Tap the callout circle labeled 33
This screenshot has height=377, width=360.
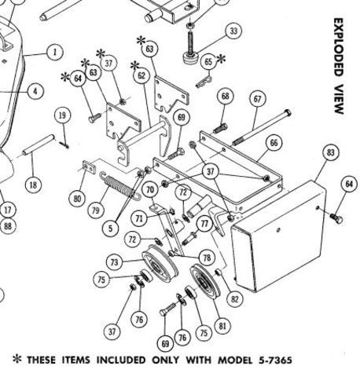pos(233,31)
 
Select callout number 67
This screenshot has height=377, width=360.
pos(257,98)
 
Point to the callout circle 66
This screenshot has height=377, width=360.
pos(273,143)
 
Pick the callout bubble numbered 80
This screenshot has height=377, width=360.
pos(77,199)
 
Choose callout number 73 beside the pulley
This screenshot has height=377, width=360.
pos(115,262)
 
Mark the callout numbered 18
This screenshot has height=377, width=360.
pos(32,185)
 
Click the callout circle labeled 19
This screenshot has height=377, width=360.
pos(62,116)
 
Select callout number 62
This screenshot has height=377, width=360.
pos(141,77)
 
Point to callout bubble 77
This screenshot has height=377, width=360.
pos(205,224)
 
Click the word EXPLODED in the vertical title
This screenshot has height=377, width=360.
pos(338,48)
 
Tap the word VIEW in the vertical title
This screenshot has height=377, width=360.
pos(338,100)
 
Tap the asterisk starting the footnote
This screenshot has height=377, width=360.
pos(17,361)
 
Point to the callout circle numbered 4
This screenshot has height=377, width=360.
pos(34,90)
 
